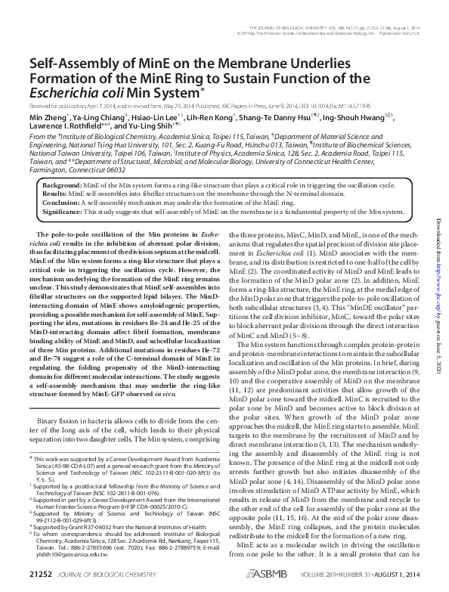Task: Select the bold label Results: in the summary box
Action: point(56,194)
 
